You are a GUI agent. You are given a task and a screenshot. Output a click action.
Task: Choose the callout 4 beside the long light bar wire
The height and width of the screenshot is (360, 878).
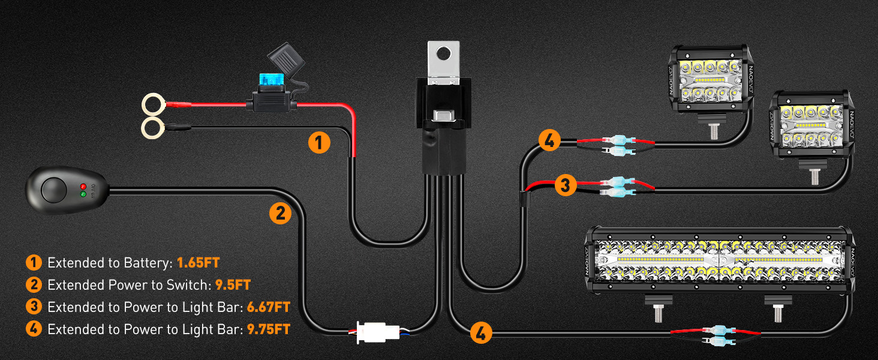[x=481, y=333]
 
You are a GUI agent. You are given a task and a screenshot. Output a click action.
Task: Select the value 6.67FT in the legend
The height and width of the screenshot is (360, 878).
[x=268, y=307]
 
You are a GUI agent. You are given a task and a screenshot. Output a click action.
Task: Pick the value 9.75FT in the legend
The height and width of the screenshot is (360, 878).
[x=268, y=329]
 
